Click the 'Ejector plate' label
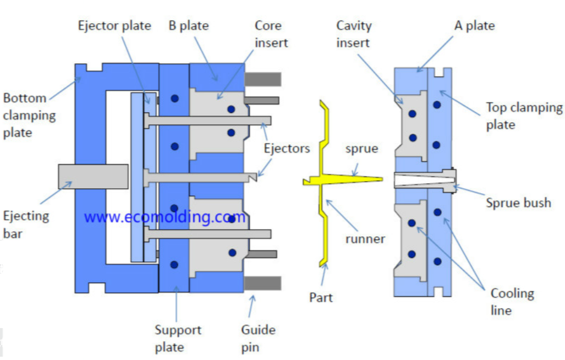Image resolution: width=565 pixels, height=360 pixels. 114,26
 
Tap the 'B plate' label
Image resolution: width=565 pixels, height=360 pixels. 189,26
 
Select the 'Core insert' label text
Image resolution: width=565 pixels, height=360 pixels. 272,34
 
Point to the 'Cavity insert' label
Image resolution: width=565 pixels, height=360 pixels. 354,34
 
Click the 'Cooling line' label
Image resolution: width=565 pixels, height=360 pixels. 512,302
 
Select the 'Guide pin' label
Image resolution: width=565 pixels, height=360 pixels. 258,338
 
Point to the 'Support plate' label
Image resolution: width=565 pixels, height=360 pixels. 178,338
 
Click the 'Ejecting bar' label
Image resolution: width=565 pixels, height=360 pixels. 25,224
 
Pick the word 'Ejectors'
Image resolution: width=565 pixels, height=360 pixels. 287,148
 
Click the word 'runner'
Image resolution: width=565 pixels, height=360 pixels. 365,238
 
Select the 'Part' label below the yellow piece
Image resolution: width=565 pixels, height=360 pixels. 321,297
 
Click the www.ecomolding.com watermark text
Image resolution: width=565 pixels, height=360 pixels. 164,216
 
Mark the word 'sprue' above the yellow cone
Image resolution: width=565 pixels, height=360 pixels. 361,149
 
